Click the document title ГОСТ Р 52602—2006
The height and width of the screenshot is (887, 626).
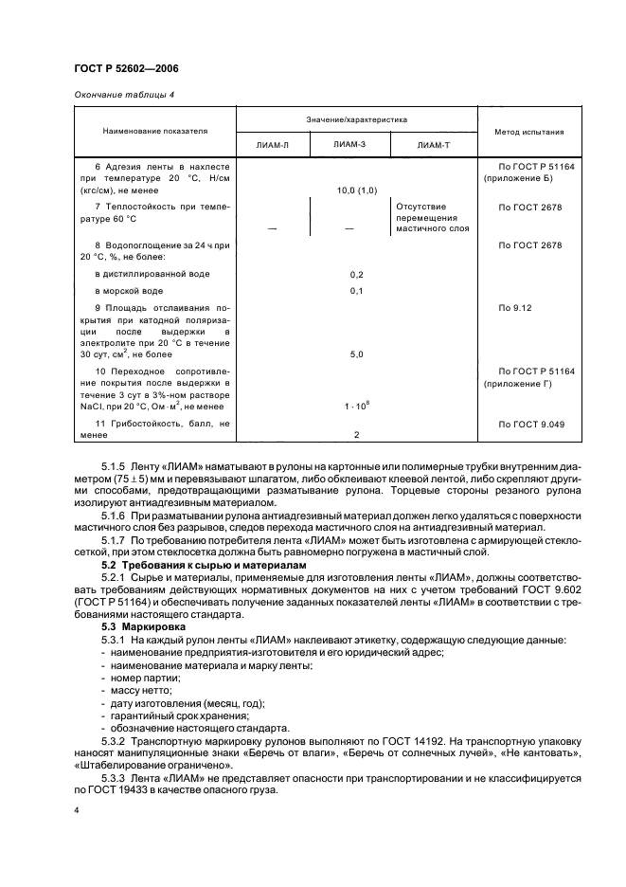coord(125,68)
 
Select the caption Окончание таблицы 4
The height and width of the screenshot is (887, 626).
coord(124,94)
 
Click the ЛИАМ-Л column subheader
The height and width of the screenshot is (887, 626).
coord(273,145)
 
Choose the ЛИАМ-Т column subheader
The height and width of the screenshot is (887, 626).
coord(432,145)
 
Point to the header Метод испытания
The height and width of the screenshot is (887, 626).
coord(528,132)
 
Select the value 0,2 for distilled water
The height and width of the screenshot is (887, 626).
coord(356,274)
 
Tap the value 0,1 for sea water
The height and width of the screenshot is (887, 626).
coord(356,291)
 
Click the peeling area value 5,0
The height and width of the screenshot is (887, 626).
coord(356,353)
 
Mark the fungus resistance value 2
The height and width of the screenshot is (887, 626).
coord(356,433)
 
